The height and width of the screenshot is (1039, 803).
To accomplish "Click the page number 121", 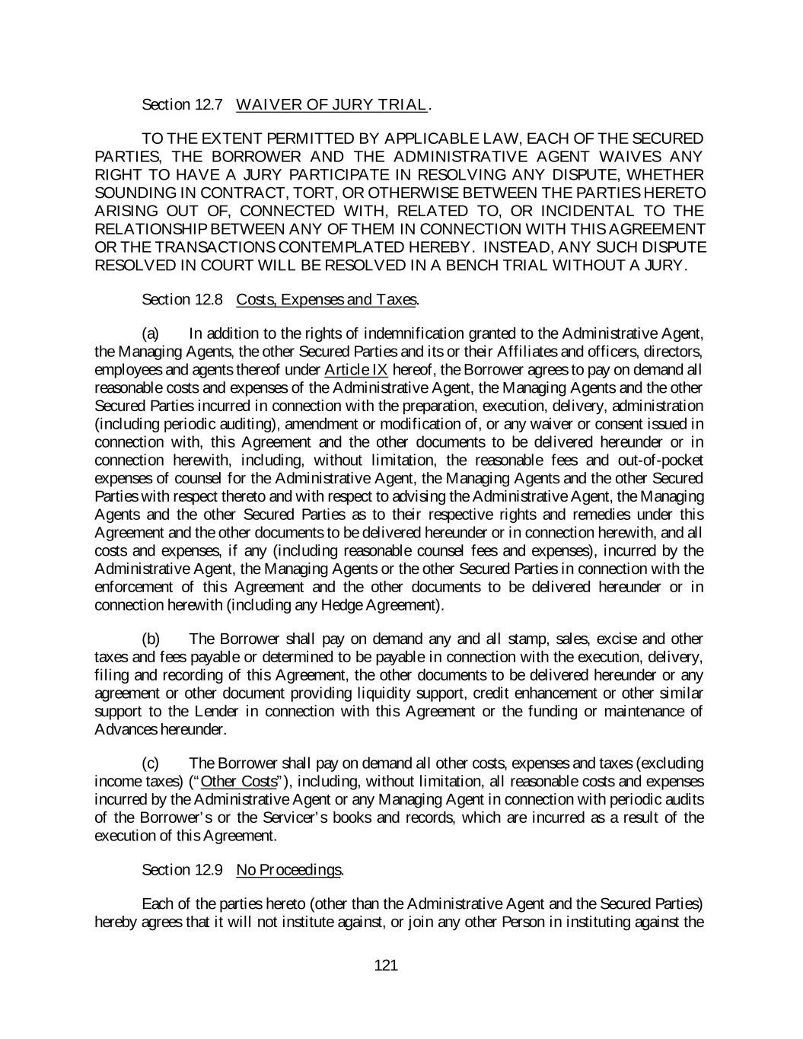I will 386,966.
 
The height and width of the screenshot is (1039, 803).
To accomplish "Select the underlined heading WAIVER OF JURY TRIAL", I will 332,105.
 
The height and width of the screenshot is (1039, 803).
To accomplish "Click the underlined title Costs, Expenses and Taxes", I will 327,299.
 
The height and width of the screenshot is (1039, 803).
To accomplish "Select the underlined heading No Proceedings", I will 289,869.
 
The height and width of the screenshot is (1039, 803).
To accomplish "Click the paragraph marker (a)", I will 151,333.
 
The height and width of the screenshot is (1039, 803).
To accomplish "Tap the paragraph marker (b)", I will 151,639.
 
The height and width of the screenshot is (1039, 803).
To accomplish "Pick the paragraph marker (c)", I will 151,763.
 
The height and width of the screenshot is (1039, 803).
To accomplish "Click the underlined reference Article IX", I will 355,370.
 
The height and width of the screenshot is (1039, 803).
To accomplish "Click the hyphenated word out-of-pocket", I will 657,461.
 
